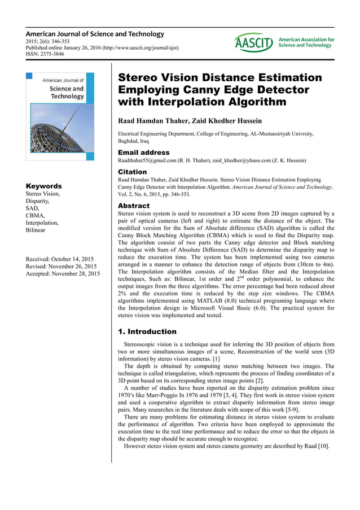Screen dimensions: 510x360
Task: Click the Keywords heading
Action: point(44,186)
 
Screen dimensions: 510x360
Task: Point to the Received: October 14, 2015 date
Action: point(60,259)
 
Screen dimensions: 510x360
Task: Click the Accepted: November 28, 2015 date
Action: point(63,274)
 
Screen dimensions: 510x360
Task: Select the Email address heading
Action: point(143,152)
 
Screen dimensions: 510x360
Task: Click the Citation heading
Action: point(132,172)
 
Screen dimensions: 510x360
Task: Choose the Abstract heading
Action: point(134,206)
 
